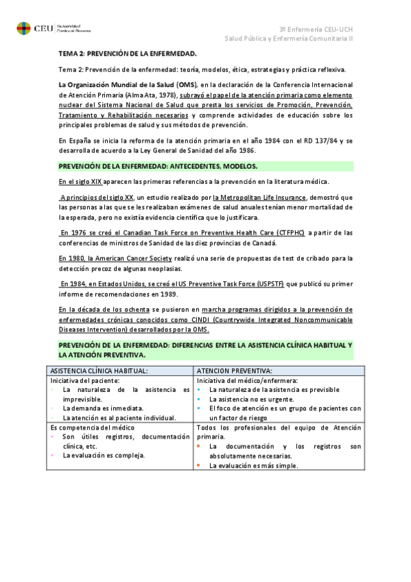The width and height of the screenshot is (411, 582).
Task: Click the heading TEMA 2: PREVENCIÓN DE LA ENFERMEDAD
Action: pyautogui.click(x=128, y=54)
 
